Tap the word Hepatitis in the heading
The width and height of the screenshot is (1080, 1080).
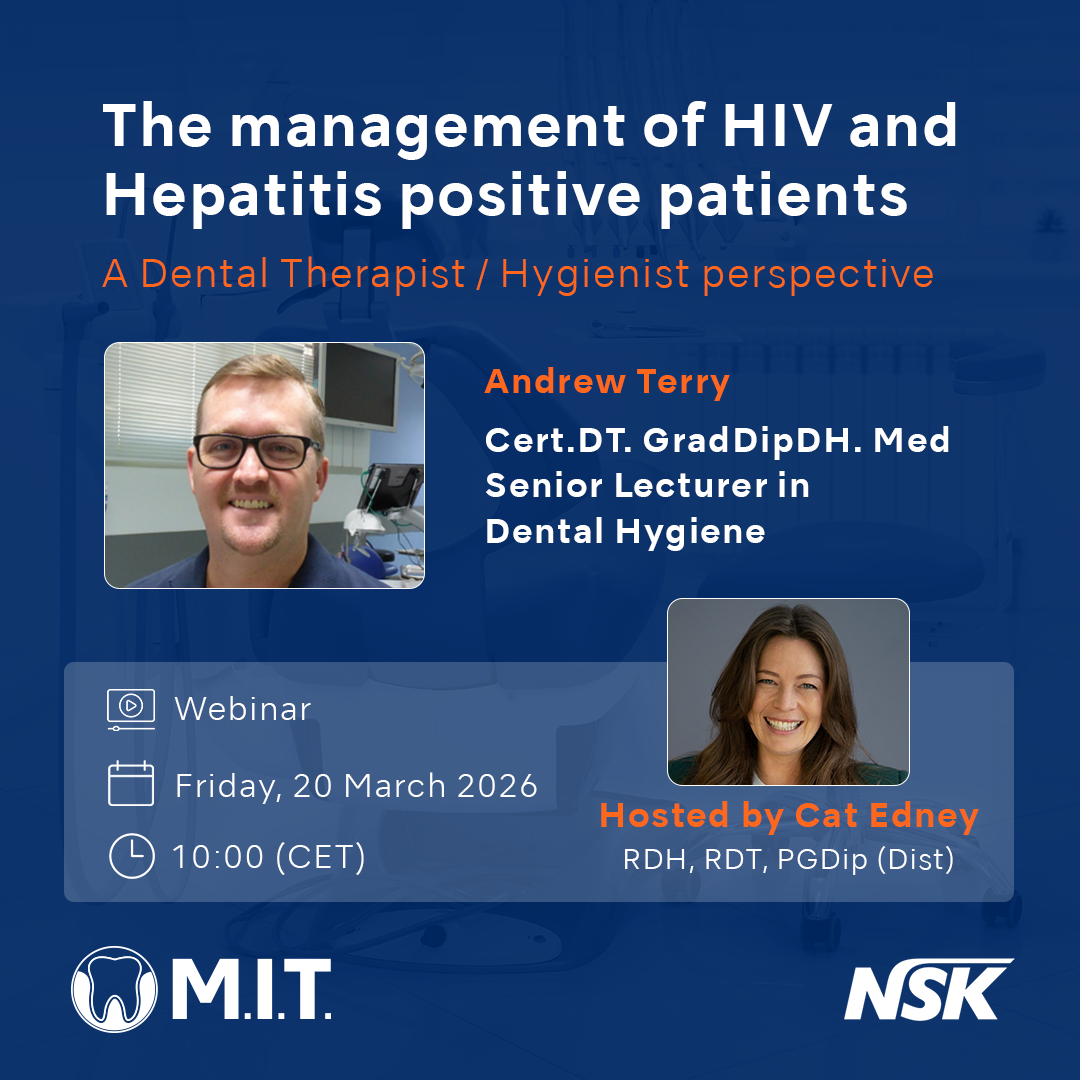click(242, 197)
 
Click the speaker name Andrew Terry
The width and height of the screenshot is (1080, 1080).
click(607, 383)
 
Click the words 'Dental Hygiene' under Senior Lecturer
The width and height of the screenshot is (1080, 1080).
click(625, 531)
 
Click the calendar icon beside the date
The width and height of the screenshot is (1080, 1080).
click(130, 784)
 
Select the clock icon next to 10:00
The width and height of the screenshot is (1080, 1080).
click(130, 856)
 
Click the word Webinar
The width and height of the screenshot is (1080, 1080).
click(243, 708)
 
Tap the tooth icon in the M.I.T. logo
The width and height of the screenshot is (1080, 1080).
click(115, 990)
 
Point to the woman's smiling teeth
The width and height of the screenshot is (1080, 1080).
click(784, 722)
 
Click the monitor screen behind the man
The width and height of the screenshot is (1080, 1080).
click(359, 384)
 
